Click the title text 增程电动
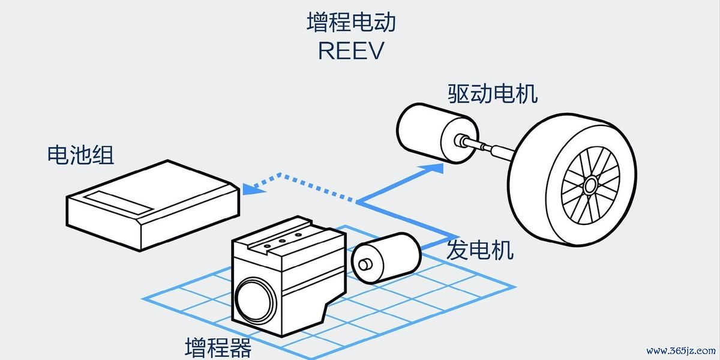351,23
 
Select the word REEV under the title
350,51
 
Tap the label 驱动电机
493,93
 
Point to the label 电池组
80,155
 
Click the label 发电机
480,250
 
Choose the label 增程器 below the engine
218,347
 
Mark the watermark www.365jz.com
680,350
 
